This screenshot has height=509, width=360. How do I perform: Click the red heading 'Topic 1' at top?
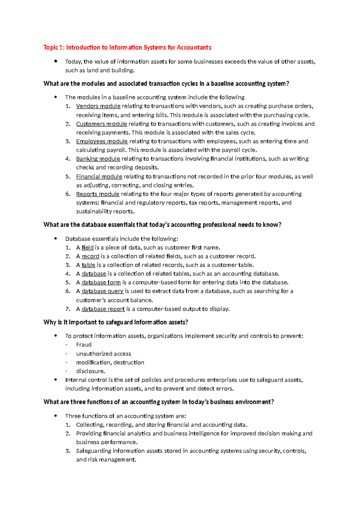point(127,47)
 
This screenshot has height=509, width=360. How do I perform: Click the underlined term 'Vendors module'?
point(98,106)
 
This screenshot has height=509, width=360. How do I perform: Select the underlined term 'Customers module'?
point(101,124)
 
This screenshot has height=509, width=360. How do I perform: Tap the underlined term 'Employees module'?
point(102,141)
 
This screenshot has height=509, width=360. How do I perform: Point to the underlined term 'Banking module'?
point(98,159)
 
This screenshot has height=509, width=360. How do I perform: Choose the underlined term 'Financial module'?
point(99,177)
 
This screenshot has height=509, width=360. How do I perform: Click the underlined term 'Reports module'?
point(97,194)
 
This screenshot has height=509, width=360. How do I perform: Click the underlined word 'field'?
point(88,248)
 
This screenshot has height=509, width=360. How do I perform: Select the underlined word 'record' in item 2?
point(90,256)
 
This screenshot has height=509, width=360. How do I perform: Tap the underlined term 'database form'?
point(101,282)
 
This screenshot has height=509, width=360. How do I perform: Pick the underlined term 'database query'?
point(102,291)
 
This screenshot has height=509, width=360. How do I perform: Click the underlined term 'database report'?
point(103,309)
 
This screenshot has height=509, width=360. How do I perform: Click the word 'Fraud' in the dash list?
point(84,345)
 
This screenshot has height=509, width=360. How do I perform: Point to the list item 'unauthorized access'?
point(103,354)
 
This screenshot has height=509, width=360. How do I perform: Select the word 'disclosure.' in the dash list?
point(90,371)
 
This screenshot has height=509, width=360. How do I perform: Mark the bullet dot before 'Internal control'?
point(55,380)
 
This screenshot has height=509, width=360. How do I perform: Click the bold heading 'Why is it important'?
point(115,322)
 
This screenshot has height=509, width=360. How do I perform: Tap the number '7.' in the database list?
point(68,309)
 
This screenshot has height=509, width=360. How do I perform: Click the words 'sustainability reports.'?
point(105,211)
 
